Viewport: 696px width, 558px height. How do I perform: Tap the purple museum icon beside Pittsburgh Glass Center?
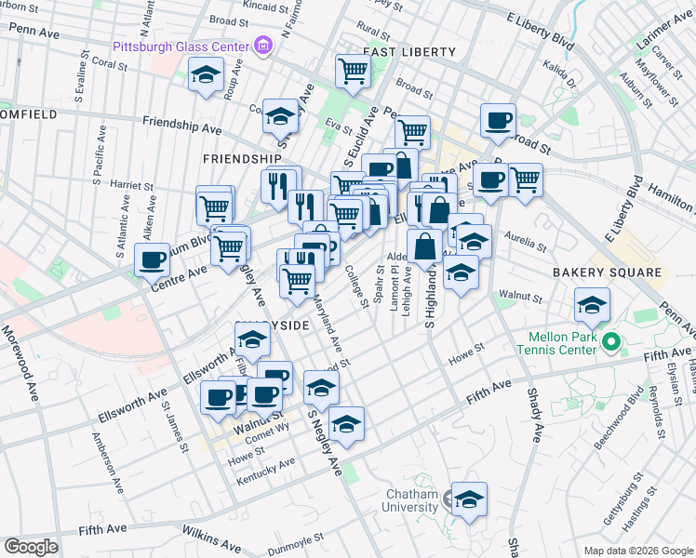pyautogui.click(x=263, y=46)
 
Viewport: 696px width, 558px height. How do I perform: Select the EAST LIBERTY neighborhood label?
pyautogui.click(x=409, y=52)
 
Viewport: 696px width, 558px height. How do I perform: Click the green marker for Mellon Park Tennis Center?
pyautogui.click(x=611, y=343)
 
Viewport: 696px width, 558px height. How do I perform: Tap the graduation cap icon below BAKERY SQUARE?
pyautogui.click(x=592, y=303)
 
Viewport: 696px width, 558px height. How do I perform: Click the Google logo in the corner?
pyautogui.click(x=31, y=546)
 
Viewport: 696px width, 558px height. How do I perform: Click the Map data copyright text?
pyautogui.click(x=637, y=551)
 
